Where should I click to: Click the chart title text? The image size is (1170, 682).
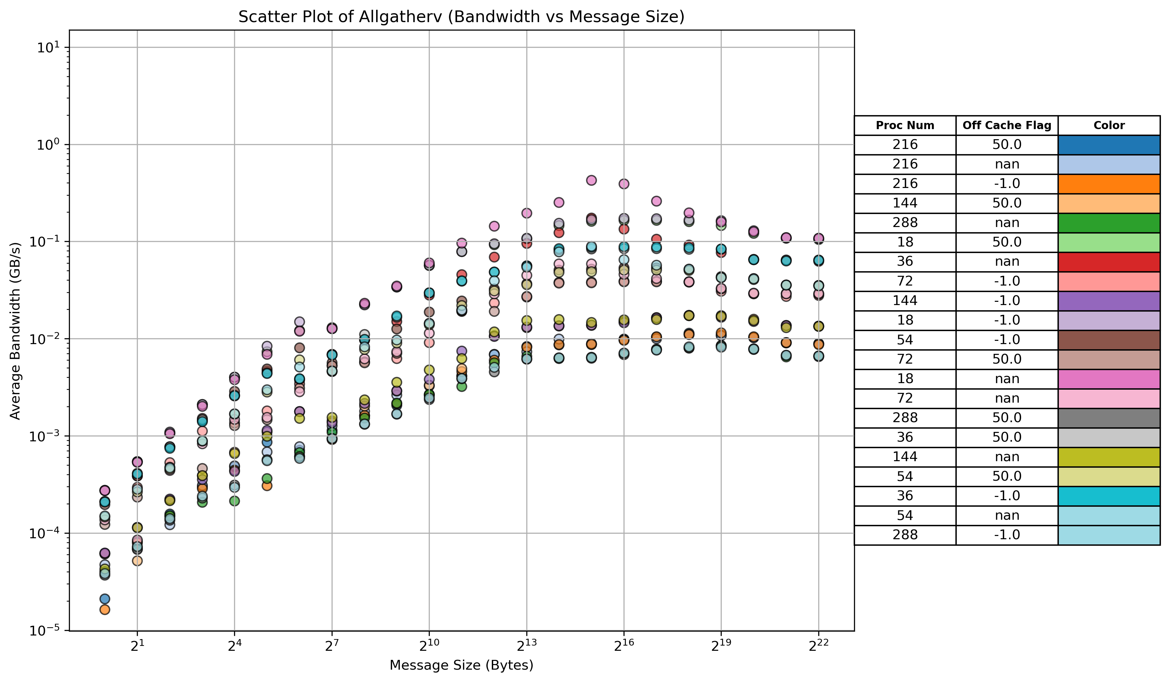(x=461, y=17)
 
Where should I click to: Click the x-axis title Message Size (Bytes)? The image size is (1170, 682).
(x=461, y=665)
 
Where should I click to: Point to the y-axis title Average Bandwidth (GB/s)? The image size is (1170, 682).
(x=15, y=330)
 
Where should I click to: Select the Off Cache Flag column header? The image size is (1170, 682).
(x=1006, y=126)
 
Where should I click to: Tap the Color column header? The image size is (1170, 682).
(x=1109, y=126)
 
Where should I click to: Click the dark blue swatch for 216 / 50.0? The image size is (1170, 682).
(x=1109, y=145)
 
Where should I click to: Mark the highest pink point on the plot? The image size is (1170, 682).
(x=591, y=180)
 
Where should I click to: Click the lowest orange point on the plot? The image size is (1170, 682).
(x=105, y=609)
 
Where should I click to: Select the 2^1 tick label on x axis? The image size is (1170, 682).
(x=137, y=646)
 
